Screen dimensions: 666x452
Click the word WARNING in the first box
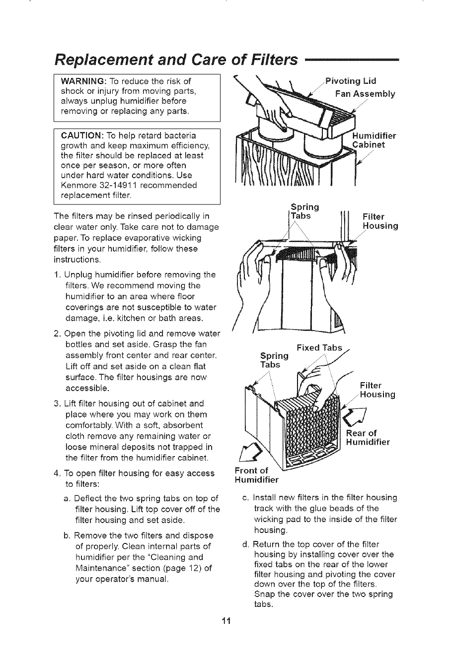click(x=81, y=81)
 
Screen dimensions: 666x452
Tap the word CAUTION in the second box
click(x=81, y=135)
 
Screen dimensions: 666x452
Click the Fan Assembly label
click(x=366, y=94)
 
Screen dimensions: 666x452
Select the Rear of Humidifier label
click(x=367, y=438)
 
